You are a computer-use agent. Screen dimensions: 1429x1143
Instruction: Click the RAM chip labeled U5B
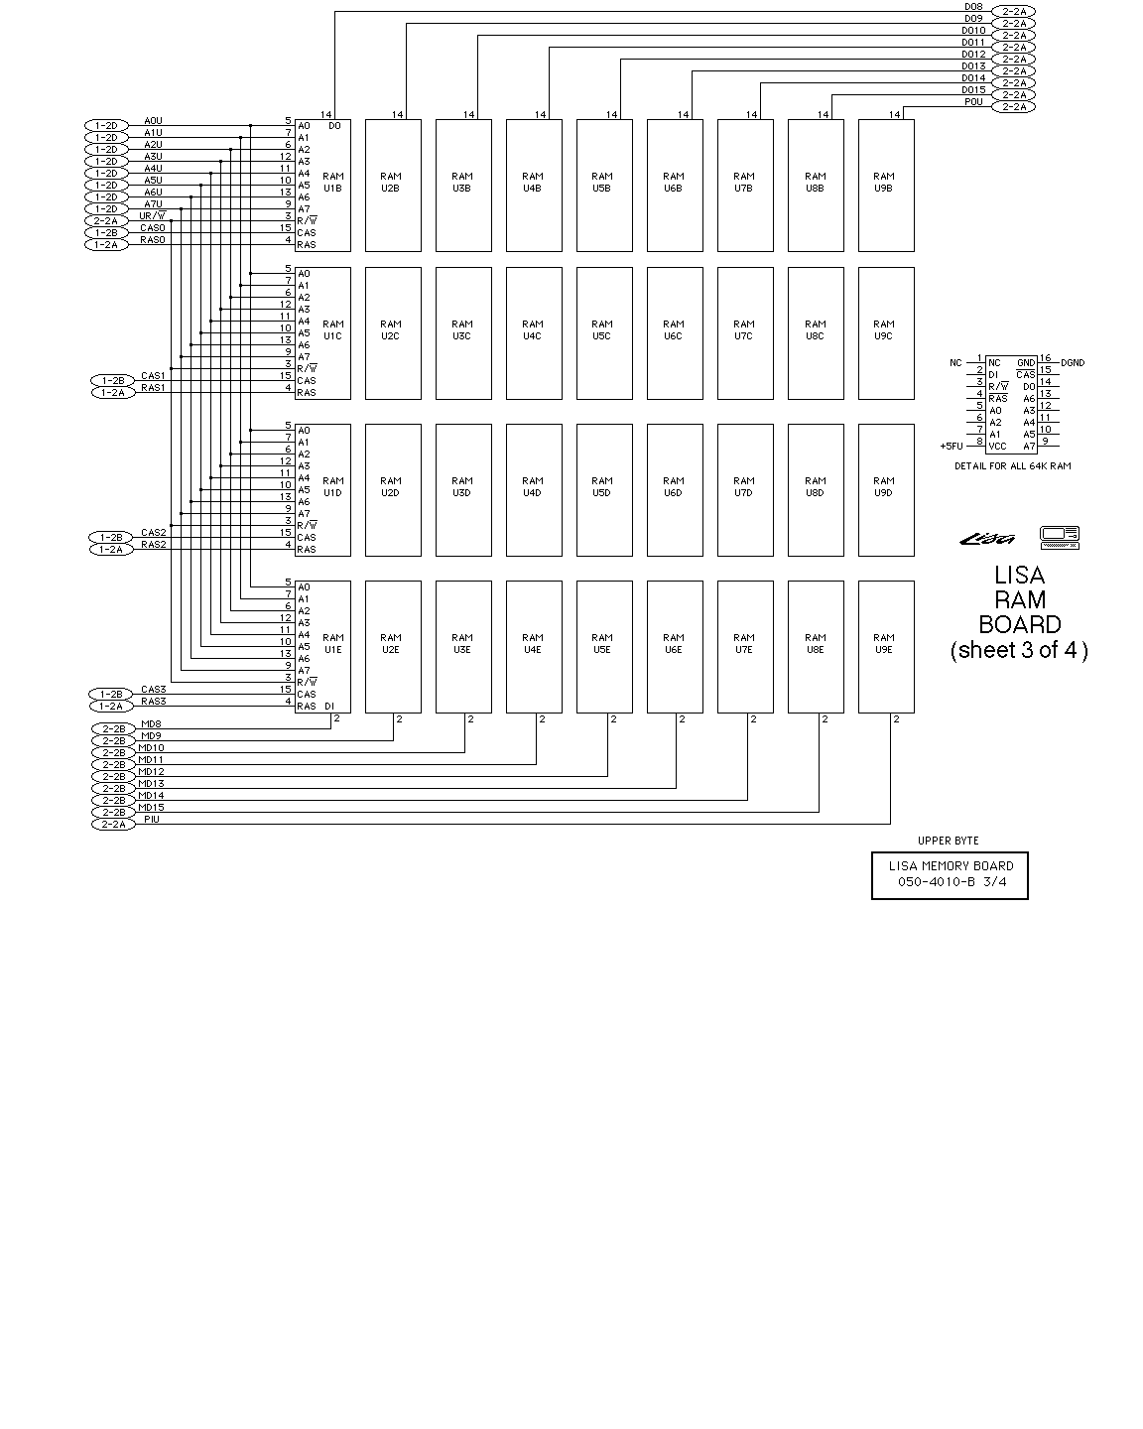(603, 185)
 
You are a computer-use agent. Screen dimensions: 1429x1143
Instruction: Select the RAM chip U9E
(885, 646)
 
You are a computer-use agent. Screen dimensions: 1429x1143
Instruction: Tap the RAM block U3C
(462, 331)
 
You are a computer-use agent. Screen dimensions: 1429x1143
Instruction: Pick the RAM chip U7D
(744, 489)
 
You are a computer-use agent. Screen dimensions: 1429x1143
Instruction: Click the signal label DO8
(972, 7)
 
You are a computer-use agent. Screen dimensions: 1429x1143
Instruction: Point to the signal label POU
(972, 102)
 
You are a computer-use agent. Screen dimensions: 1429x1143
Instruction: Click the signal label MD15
(151, 808)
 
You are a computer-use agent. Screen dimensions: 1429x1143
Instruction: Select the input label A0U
(153, 121)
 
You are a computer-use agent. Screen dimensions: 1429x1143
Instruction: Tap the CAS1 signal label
(153, 376)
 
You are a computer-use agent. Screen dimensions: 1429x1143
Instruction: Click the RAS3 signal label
(153, 702)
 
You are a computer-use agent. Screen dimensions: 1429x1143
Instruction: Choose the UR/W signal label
(152, 216)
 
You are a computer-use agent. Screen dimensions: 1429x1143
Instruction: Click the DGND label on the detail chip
(1073, 363)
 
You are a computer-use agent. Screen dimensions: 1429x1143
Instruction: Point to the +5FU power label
(952, 447)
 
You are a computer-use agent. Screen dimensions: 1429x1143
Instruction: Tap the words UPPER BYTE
(948, 842)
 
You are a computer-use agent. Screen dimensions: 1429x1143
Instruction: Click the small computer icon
(1060, 537)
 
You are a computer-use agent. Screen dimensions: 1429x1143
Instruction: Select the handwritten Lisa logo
(988, 539)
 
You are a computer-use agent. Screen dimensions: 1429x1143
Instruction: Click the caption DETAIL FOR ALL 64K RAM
(1012, 466)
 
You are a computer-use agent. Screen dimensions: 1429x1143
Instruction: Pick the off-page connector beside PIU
(112, 825)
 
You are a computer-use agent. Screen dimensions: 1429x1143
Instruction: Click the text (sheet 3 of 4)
(1018, 651)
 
